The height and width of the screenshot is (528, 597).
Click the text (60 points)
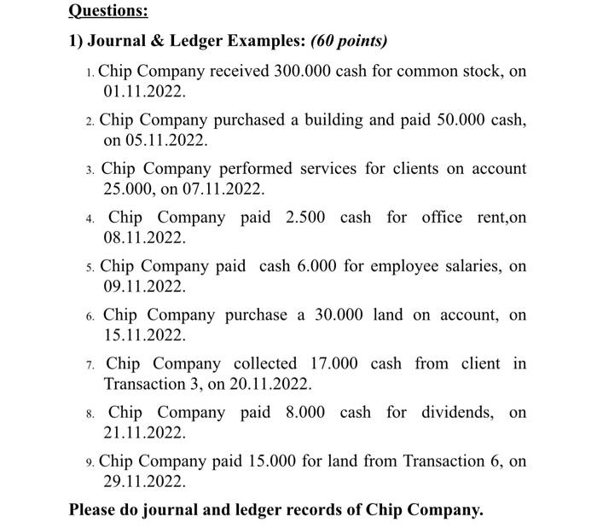(349, 41)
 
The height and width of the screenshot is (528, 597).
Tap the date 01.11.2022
(142, 90)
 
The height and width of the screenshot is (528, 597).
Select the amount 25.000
(130, 189)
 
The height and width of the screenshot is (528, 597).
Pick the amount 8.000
(305, 412)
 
